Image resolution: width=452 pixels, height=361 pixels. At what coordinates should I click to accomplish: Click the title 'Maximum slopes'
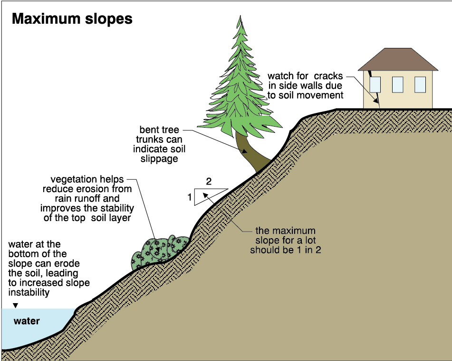72,19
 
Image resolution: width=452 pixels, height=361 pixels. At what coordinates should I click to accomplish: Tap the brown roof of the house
398,59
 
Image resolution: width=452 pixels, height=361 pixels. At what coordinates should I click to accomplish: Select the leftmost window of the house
375,84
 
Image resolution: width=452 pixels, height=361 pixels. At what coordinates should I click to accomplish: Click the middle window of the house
397,84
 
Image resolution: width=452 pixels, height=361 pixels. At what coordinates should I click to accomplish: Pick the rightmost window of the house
420,84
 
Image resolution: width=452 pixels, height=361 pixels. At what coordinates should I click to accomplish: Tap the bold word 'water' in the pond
27,321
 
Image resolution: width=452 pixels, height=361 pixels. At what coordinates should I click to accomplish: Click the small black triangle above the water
15,305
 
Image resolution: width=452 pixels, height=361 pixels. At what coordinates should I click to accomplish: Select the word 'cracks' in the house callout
327,76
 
